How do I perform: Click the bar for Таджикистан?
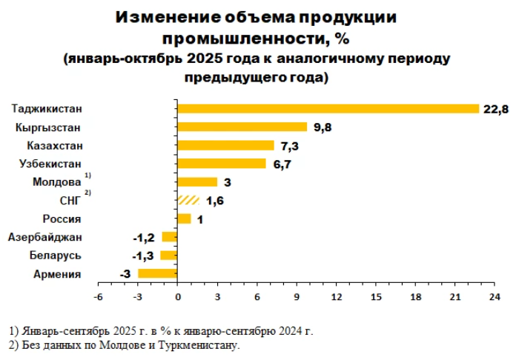click(x=328, y=109)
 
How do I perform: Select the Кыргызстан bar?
click(x=242, y=127)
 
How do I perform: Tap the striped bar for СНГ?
click(x=189, y=200)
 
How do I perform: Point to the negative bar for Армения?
click(x=158, y=273)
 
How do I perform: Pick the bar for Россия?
click(x=185, y=219)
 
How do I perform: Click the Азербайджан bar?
click(x=170, y=237)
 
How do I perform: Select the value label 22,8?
click(x=495, y=110)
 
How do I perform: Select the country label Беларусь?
click(x=56, y=256)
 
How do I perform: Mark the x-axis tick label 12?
click(x=336, y=297)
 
